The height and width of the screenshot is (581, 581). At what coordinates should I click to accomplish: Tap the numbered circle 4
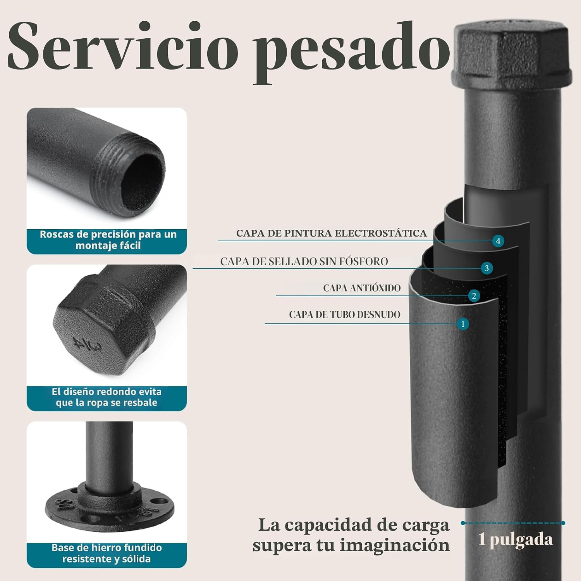click(498, 241)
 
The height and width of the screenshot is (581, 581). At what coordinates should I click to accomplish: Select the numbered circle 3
click(487, 268)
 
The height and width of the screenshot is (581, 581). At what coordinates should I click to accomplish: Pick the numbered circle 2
click(474, 296)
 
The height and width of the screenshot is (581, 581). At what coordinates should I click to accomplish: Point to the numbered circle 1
click(462, 324)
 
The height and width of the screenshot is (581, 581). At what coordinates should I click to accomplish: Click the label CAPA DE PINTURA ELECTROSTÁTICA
click(332, 233)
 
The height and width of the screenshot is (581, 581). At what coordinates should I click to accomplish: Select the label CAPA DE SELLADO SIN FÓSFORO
click(304, 261)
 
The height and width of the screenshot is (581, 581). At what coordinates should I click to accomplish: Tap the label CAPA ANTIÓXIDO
click(362, 288)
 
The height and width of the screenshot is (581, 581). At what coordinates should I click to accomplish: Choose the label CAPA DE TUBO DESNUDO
click(345, 315)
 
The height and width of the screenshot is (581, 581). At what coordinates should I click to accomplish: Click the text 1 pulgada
click(516, 540)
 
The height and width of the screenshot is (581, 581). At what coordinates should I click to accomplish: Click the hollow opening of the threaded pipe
click(143, 182)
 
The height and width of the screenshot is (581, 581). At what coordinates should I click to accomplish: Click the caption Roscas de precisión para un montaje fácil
click(108, 240)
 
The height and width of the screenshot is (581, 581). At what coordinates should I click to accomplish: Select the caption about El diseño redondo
click(107, 397)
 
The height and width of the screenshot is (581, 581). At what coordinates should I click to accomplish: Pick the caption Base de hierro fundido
click(107, 553)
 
